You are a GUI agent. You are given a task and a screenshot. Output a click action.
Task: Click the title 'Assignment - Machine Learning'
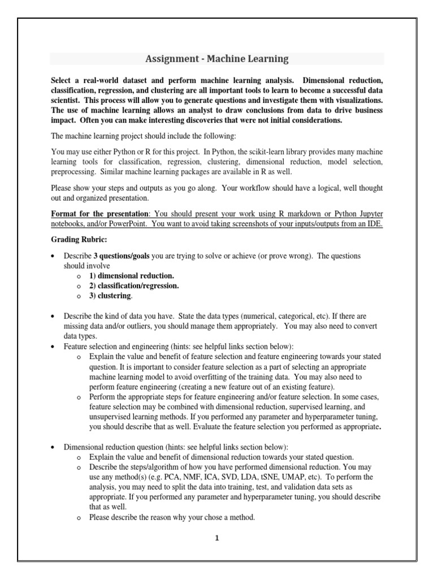[217, 59]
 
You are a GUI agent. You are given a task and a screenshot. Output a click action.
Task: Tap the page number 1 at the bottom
[216, 538]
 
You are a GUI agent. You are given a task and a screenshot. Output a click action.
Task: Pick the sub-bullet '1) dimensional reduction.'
[131, 275]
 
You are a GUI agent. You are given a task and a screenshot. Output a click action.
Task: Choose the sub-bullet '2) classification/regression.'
[133, 286]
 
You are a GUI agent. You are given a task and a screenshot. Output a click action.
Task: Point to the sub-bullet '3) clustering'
[110, 296]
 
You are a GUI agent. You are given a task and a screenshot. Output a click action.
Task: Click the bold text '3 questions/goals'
[118, 256]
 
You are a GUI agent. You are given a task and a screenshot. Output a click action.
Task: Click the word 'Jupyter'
[367, 213]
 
